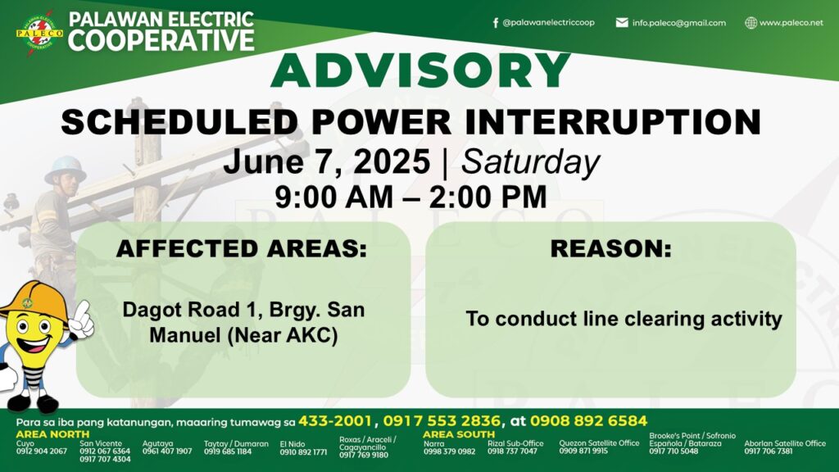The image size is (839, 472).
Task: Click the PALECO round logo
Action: click(x=39, y=33)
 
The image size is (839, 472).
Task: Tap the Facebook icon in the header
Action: click(x=496, y=23)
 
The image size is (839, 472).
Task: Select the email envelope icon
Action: click(x=621, y=22)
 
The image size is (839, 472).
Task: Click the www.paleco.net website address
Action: click(x=791, y=23)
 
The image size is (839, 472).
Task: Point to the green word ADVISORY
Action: click(x=420, y=70)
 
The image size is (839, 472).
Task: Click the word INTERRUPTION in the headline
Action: click(x=613, y=121)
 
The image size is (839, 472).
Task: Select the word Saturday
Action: click(x=530, y=162)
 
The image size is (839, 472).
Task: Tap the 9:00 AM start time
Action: click(x=334, y=197)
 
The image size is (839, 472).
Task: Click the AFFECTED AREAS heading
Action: click(x=242, y=249)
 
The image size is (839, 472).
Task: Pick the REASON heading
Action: click(x=610, y=249)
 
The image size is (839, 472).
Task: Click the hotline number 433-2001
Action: click(x=334, y=421)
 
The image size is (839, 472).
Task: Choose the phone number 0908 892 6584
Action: click(x=588, y=421)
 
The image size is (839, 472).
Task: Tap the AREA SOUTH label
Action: click(x=459, y=434)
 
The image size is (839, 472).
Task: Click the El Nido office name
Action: click(x=293, y=444)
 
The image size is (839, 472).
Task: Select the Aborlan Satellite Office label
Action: click(x=784, y=443)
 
